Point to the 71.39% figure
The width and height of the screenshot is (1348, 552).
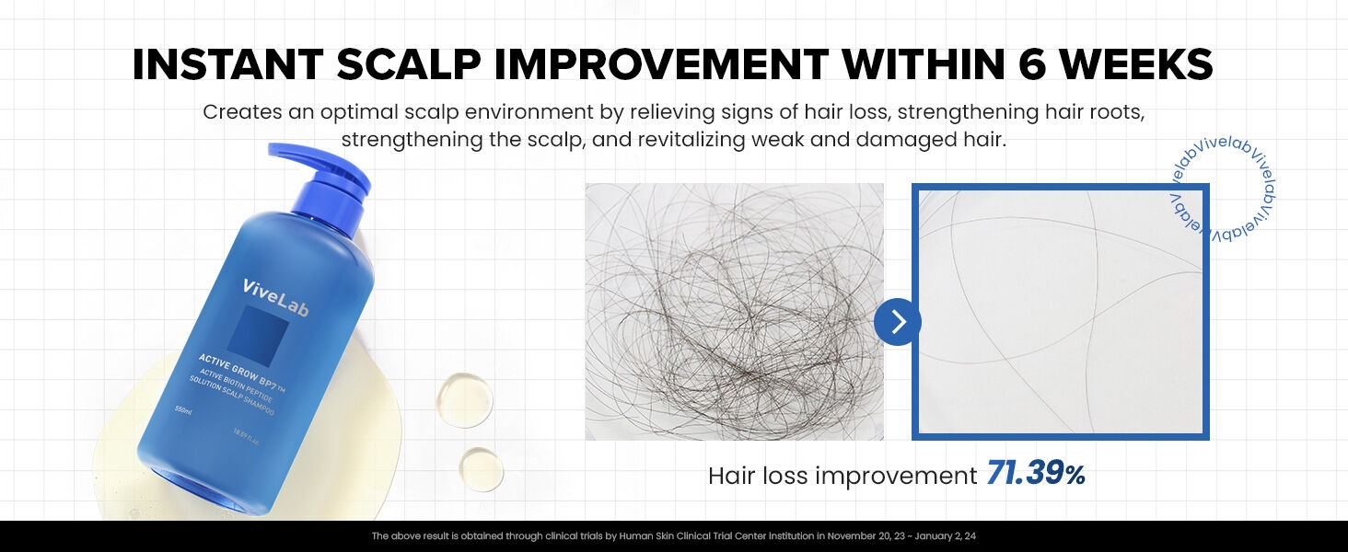point(1035,475)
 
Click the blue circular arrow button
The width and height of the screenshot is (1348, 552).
point(898,322)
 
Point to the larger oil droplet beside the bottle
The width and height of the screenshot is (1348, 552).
point(465,399)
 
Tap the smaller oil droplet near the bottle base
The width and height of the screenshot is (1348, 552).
point(482,469)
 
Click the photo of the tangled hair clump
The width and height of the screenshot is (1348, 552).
point(734,311)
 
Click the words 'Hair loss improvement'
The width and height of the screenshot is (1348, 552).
point(842,476)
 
